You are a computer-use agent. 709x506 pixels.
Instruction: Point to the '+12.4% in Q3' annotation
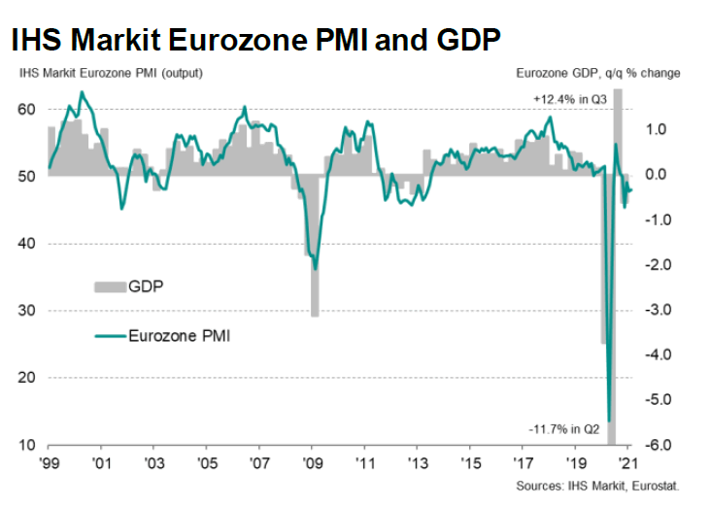[x=572, y=99]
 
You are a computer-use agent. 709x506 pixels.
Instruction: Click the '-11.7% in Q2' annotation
[x=569, y=428]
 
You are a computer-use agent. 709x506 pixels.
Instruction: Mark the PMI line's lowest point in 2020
[x=609, y=421]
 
